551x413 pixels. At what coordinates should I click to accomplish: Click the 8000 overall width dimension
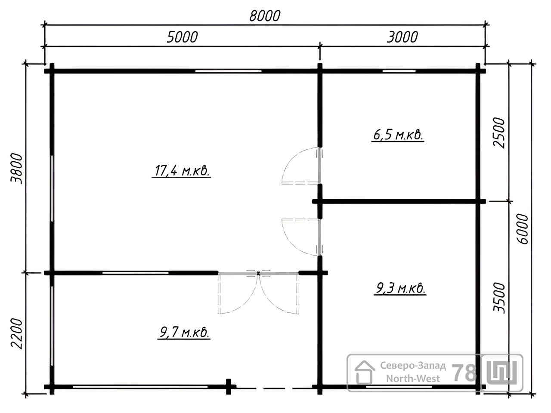(265, 16)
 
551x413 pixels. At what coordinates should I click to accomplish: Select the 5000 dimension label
(182, 37)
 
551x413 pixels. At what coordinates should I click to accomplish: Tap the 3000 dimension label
(402, 37)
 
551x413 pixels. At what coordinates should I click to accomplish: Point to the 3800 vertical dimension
(16, 169)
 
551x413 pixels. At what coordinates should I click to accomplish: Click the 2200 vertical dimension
(16, 333)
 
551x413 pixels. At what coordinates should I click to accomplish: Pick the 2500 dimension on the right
(499, 133)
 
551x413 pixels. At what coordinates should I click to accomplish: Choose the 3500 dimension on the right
(499, 298)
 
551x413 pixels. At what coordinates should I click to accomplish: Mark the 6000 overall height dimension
(522, 229)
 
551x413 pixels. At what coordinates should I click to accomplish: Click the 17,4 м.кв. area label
(181, 171)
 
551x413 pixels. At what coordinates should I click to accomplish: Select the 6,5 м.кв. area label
(398, 136)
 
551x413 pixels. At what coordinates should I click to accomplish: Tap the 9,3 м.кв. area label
(400, 288)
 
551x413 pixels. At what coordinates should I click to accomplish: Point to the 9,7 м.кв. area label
(184, 333)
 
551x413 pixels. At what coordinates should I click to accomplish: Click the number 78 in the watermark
(464, 373)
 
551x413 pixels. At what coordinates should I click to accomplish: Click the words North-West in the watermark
(413, 379)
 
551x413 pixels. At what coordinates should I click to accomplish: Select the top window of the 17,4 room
(228, 71)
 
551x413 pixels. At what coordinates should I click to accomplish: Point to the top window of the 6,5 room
(399, 71)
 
